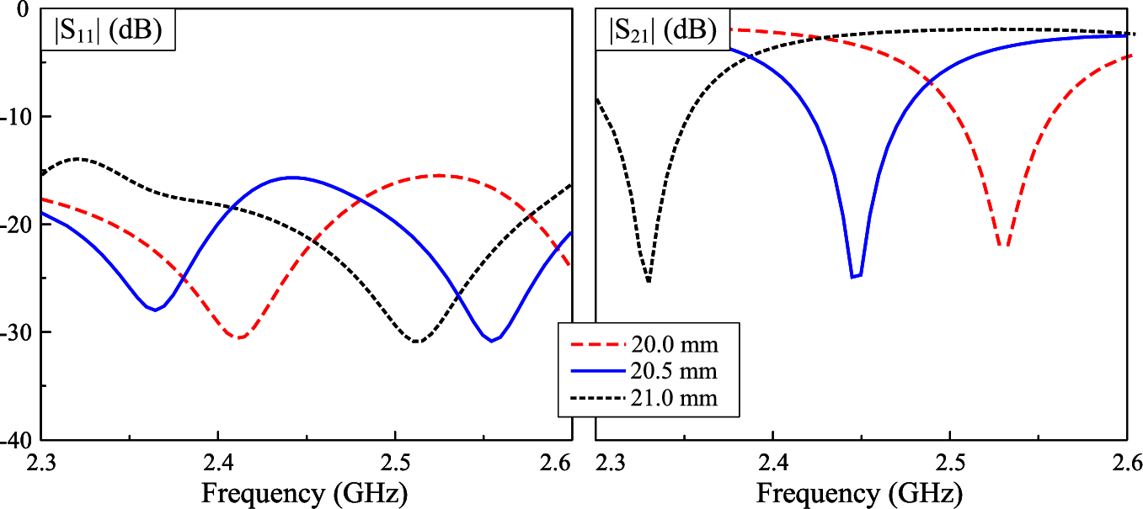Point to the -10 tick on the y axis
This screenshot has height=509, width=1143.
pos(17,116)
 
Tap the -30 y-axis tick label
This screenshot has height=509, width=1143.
pos(17,332)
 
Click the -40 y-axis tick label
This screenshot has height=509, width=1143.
pos(17,440)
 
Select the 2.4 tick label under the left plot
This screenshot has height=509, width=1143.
pos(218,462)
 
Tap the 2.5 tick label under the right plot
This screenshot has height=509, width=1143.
pos(950,462)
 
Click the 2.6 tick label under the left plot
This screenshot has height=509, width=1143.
pos(557,462)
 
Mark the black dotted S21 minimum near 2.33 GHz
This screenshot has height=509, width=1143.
pos(648,281)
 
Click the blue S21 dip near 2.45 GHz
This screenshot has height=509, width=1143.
pos(856,276)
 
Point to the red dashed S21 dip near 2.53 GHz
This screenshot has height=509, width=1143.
pos(1002,247)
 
